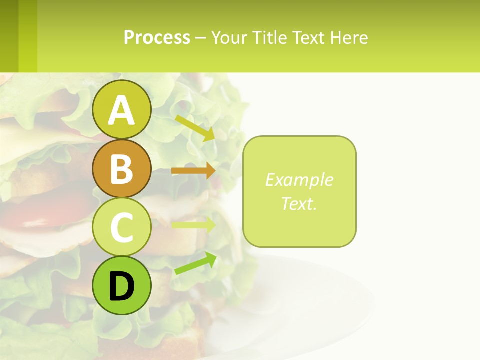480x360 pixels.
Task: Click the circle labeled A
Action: click(121, 109)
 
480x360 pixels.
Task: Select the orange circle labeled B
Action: click(121, 168)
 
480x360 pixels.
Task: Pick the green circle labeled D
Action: click(121, 285)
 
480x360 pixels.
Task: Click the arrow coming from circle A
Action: click(195, 128)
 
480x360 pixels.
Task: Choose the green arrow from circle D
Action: click(195, 263)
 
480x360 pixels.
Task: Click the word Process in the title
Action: click(157, 38)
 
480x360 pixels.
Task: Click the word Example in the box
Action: click(299, 180)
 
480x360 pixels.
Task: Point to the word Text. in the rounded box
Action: click(299, 203)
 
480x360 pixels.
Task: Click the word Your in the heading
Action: click(230, 38)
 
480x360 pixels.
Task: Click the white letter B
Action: click(121, 168)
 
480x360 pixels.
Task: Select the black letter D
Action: click(121, 286)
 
